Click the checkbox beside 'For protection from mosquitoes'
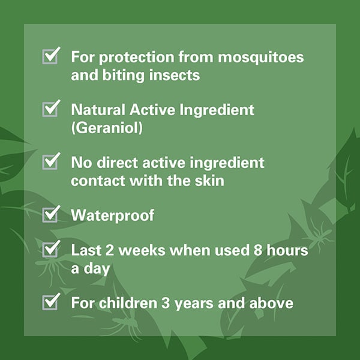point(50,57)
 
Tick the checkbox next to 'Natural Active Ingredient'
point(50,109)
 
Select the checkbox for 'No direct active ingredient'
point(50,162)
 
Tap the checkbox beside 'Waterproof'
point(50,214)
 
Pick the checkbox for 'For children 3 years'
point(50,302)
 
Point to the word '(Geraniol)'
point(107,128)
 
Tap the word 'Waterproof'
point(113,215)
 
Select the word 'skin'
point(208,181)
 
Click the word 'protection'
point(131,58)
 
